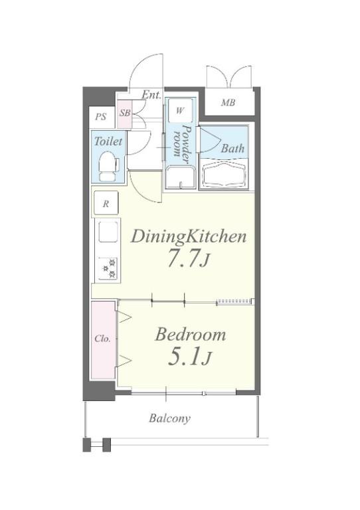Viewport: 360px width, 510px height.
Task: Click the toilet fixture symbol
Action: point(108,167)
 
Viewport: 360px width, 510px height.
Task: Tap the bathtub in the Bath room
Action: point(224,175)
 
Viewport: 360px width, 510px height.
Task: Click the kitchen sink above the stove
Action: point(108,232)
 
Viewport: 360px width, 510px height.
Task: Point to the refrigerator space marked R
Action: point(106,203)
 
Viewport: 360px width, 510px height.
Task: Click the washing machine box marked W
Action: point(180,110)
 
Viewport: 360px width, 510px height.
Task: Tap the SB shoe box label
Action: point(125,113)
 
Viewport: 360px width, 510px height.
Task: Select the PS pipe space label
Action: point(101,117)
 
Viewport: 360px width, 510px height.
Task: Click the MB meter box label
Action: point(228,103)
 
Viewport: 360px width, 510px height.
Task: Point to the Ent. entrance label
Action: point(151,95)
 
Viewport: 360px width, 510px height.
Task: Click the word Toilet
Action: point(108,141)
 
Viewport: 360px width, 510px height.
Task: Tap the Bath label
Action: point(232,148)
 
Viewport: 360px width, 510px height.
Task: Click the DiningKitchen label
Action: point(189,237)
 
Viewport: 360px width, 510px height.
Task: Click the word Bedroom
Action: point(190,335)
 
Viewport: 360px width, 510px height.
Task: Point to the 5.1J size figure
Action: point(189,357)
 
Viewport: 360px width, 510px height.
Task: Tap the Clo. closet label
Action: point(103,339)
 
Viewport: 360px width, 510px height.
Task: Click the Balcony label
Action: point(169,418)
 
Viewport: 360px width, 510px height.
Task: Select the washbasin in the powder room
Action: point(180,177)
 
